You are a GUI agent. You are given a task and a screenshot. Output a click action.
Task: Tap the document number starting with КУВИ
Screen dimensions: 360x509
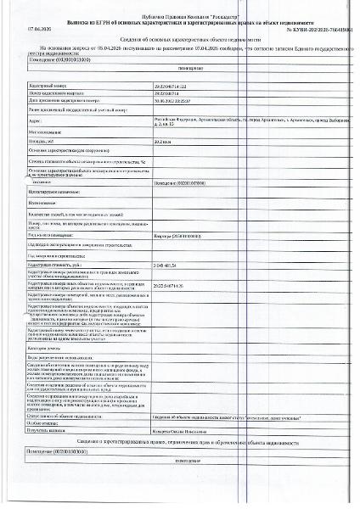pyautogui.click(x=315, y=30)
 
